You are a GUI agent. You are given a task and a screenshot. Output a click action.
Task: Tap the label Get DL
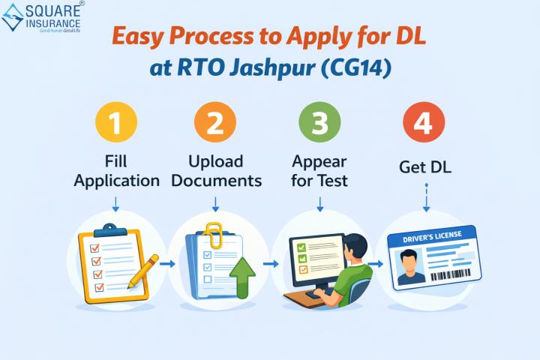pyautogui.click(x=424, y=170)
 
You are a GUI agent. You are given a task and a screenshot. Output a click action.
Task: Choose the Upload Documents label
pyautogui.click(x=216, y=170)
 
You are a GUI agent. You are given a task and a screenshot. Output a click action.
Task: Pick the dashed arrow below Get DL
pyautogui.click(x=425, y=200)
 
